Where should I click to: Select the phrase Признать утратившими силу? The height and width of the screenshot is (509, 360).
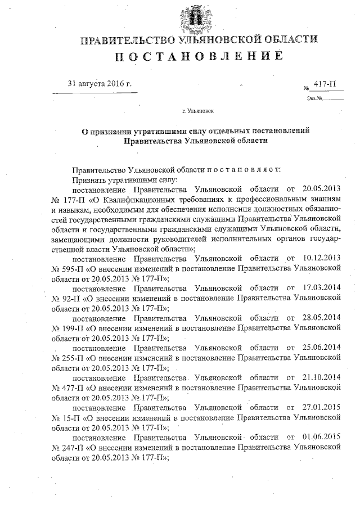click(x=124, y=180)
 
